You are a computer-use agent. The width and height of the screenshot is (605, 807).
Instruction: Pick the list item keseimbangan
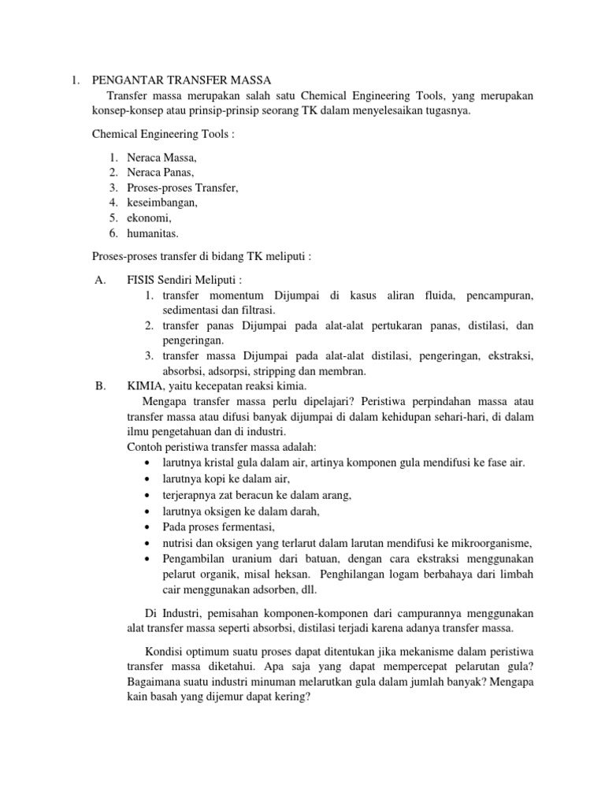(x=162, y=203)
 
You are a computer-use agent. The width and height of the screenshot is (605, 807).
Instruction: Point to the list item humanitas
(x=153, y=232)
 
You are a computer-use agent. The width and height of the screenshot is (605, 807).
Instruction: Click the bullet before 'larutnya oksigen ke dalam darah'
(x=148, y=511)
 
